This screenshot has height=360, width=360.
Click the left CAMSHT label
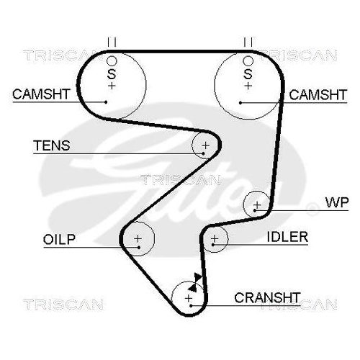(41, 94)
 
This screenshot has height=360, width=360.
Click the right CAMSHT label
(318, 95)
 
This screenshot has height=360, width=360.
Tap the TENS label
(52, 145)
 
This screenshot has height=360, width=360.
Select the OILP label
(59, 239)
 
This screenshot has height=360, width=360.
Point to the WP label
(337, 203)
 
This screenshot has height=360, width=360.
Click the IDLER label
(287, 237)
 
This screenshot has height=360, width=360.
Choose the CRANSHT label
(267, 298)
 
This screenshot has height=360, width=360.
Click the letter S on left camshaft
(112, 74)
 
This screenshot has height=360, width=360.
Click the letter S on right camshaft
(248, 74)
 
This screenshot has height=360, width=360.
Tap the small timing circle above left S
(112, 61)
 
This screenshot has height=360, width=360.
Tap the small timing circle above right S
(248, 61)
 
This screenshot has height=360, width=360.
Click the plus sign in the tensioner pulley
(206, 145)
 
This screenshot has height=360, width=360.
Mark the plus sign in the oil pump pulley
(138, 238)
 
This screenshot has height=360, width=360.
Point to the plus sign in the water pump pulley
(257, 205)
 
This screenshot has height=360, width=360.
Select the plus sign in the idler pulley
(215, 238)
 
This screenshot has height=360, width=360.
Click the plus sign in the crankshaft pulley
(189, 298)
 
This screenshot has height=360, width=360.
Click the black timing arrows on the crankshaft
(195, 282)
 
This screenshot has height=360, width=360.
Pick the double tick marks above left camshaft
(112, 42)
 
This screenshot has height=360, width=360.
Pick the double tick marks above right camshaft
(248, 42)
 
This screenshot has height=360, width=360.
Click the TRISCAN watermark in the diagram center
(181, 180)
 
